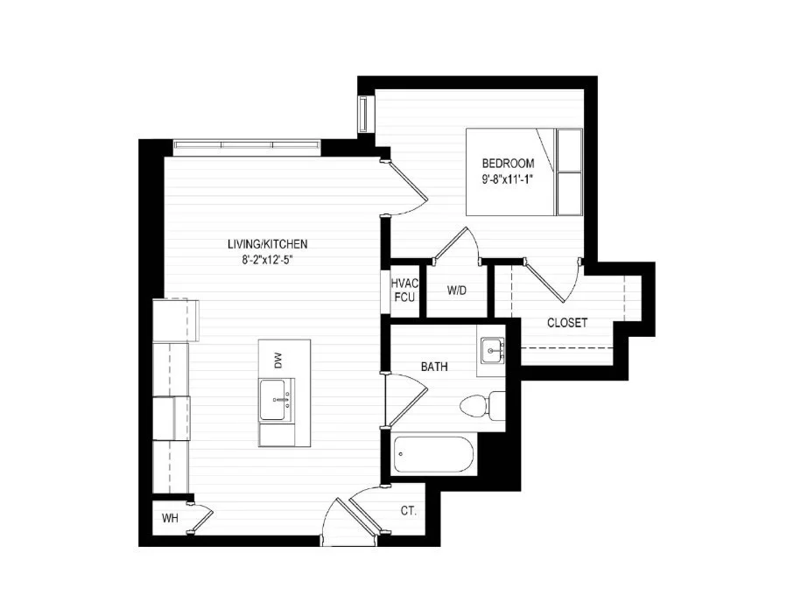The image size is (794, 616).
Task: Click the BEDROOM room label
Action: pyautogui.click(x=508, y=164)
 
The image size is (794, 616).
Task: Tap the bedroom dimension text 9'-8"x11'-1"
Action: pyautogui.click(x=508, y=178)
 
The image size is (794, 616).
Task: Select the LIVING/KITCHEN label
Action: pyautogui.click(x=267, y=244)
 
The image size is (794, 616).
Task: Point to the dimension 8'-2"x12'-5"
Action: pyautogui.click(x=268, y=260)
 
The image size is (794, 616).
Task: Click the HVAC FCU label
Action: pyautogui.click(x=404, y=290)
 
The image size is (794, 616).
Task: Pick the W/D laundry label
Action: pyautogui.click(x=456, y=290)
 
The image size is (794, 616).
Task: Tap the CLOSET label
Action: pyautogui.click(x=567, y=322)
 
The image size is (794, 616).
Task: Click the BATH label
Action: pyautogui.click(x=434, y=367)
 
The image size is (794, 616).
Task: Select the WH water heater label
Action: pyautogui.click(x=170, y=518)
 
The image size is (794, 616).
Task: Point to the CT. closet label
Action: pyautogui.click(x=408, y=511)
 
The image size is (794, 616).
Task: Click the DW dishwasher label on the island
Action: pyautogui.click(x=278, y=360)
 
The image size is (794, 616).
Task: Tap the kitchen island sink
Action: pyautogui.click(x=277, y=400)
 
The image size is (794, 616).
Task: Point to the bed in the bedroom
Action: pyautogui.click(x=524, y=171)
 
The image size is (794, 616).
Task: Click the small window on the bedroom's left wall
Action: pyautogui.click(x=364, y=114)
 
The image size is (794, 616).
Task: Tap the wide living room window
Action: pyautogui.click(x=247, y=146)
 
